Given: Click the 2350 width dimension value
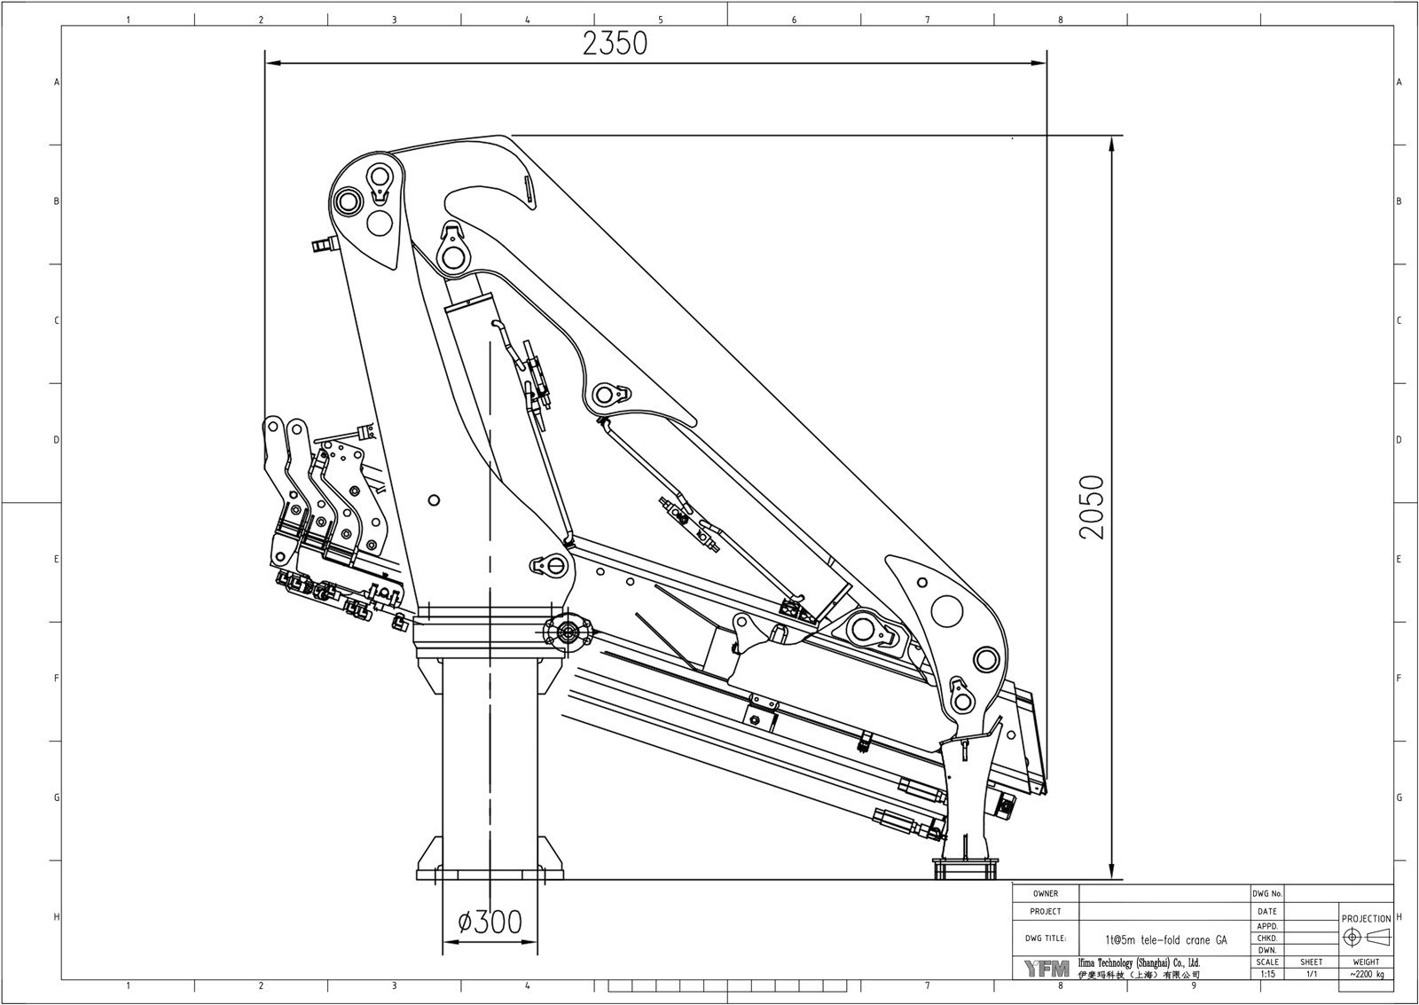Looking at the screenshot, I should (x=615, y=43).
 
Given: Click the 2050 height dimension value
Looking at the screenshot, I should (x=1092, y=507).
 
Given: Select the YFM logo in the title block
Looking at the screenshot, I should (x=1047, y=968).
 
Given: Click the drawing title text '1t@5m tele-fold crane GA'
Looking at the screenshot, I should (x=1165, y=938).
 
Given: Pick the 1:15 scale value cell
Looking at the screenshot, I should (x=1267, y=973).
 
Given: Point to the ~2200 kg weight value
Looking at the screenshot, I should (x=1366, y=973).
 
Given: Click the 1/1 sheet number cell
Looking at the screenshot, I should (x=1311, y=973).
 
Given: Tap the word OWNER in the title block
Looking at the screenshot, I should (x=1046, y=894).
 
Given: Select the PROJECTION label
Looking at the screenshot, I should (x=1366, y=919).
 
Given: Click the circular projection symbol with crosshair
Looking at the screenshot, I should (x=1352, y=938).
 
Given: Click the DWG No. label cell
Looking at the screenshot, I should (x=1266, y=894).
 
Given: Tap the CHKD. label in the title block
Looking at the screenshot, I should (x=1267, y=938).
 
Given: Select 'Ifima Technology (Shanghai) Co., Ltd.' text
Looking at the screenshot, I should (x=1138, y=962).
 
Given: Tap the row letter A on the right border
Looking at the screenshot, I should (x=1399, y=82).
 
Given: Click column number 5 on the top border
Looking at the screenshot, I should (x=661, y=20).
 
